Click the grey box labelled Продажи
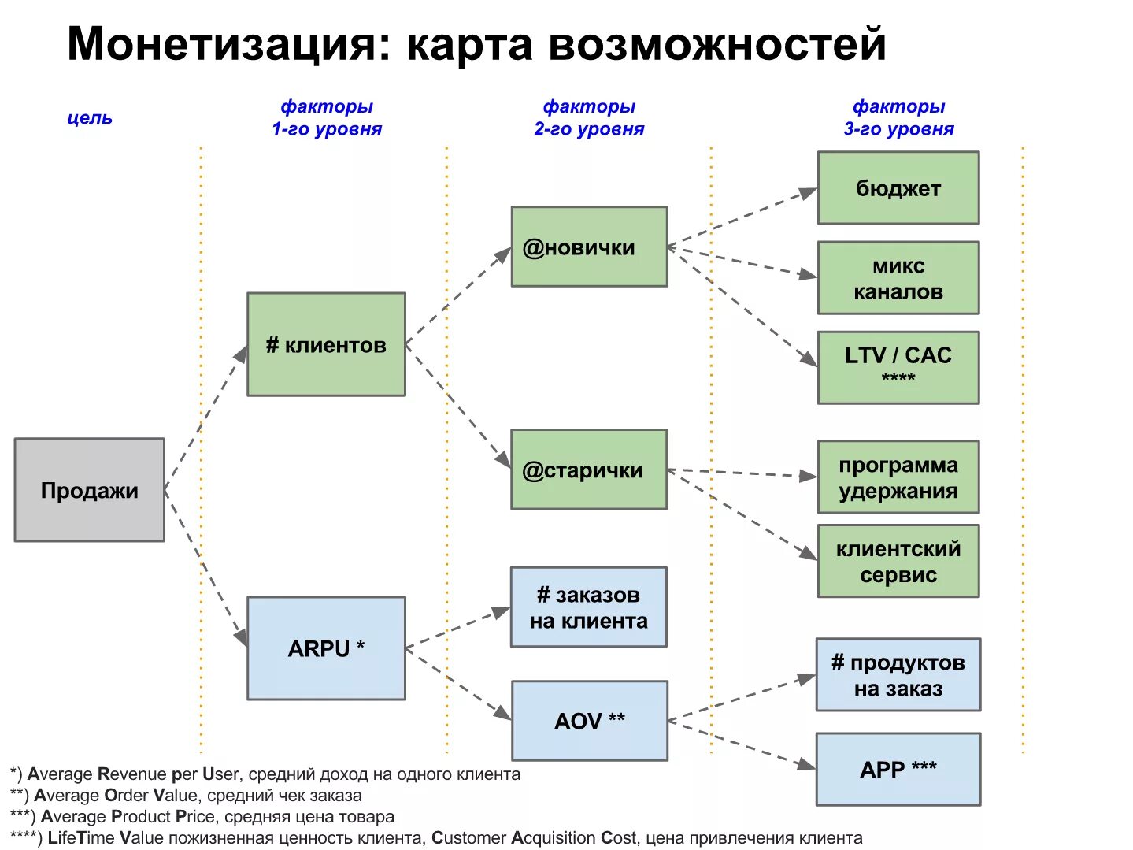(x=89, y=489)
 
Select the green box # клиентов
(x=326, y=344)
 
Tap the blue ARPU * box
(x=326, y=648)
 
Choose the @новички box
(x=589, y=247)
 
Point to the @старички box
(x=589, y=470)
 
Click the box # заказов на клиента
(x=588, y=607)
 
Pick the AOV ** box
(x=589, y=720)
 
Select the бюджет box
(x=898, y=188)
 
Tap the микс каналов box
(x=898, y=278)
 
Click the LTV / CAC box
(x=898, y=367)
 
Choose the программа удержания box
(x=898, y=477)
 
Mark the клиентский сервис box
(x=898, y=561)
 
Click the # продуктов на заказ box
(x=898, y=675)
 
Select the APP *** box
(x=898, y=769)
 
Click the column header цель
(x=90, y=117)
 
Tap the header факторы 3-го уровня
(x=898, y=117)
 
